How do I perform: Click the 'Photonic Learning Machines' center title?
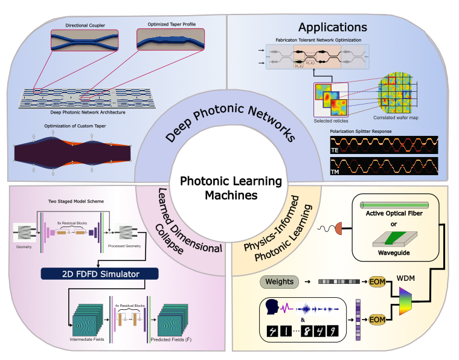[x=222, y=188]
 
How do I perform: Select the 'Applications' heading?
[x=333, y=27]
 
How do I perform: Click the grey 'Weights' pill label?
[x=279, y=281]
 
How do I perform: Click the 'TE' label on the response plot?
[x=335, y=149]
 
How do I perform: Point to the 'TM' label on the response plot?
[x=335, y=172]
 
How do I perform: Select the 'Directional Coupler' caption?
[x=85, y=25]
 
